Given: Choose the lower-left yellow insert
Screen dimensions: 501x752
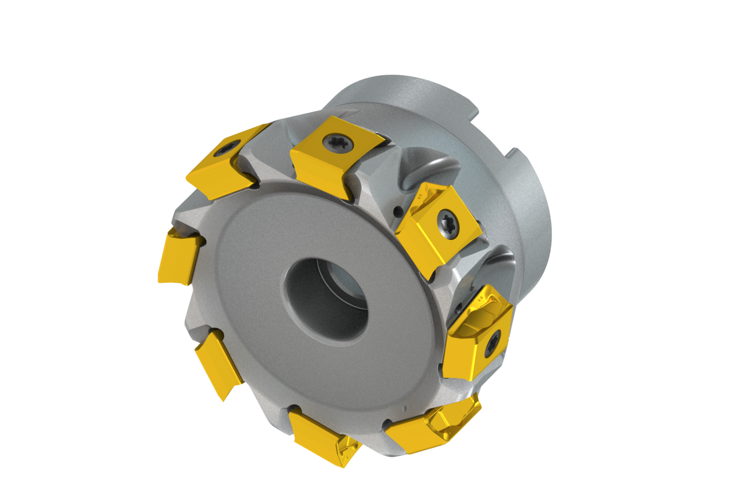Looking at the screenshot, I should pos(218,363).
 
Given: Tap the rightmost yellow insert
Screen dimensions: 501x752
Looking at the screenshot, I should pos(479,333).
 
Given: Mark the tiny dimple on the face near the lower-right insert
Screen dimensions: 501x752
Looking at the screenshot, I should pos(404,407).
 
